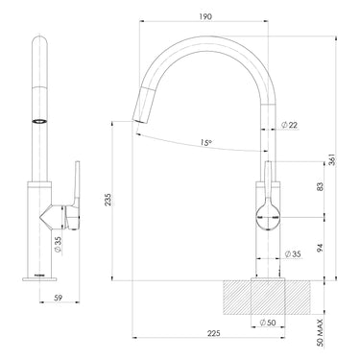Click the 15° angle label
[x=205, y=144]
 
